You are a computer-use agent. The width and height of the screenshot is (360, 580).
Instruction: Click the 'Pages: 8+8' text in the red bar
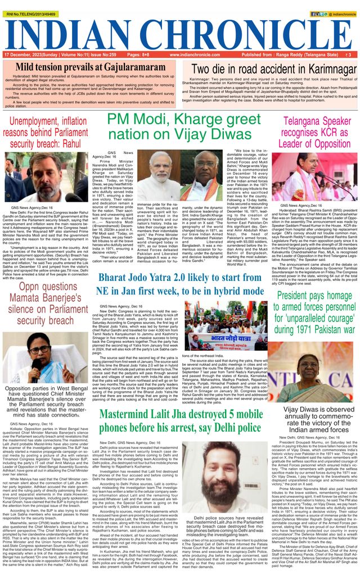coord(138,55)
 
